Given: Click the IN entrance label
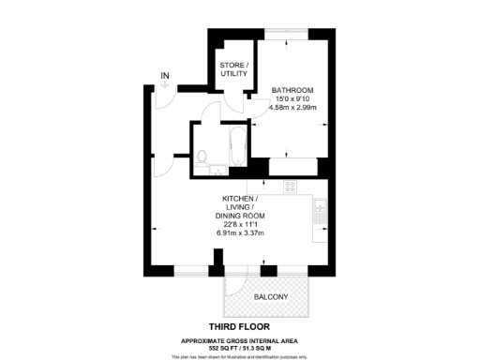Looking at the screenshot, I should pyautogui.click(x=165, y=75).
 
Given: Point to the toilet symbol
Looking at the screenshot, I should pyautogui.click(x=202, y=156).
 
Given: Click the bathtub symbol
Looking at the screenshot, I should pyautogui.click(x=234, y=153).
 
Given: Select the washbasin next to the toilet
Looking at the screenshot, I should pyautogui.click(x=216, y=170).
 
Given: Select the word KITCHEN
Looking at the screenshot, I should pyautogui.click(x=240, y=200).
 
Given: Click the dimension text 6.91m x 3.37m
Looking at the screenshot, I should pyautogui.click(x=241, y=232).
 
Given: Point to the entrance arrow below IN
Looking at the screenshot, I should pyautogui.click(x=165, y=86).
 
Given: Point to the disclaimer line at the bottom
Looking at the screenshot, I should pyautogui.click(x=240, y=355).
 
